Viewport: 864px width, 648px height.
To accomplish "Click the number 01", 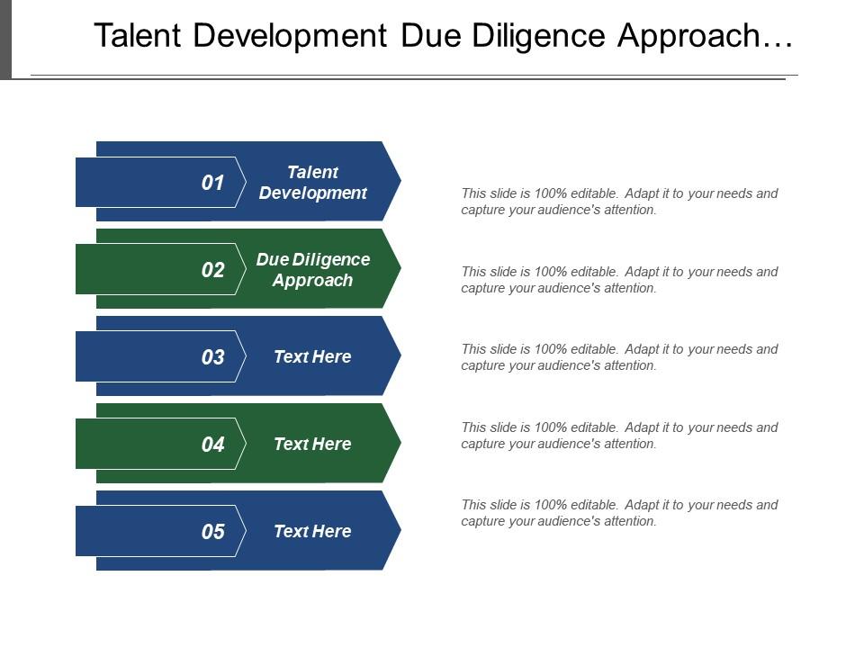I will tap(212, 183).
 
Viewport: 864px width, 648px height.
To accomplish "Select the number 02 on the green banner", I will tap(212, 270).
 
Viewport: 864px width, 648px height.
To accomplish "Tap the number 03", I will tap(212, 357).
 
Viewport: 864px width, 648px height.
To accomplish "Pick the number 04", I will tap(212, 445).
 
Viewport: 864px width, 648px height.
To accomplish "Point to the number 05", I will tap(212, 532).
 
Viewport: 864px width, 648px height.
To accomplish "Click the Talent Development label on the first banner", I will tap(312, 183).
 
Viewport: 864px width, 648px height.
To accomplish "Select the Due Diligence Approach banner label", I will tap(312, 270).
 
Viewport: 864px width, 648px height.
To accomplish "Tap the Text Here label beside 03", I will tap(312, 357).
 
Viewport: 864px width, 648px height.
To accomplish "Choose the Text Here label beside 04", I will tap(312, 445).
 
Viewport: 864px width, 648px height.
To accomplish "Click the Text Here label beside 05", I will tap(312, 532).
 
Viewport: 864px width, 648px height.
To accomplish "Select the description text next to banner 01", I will tap(619, 202).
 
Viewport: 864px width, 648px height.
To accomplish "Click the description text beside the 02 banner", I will tap(619, 280).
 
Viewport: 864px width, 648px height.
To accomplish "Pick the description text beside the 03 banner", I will tap(619, 357).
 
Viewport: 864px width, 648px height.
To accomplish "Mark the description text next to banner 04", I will tap(619, 436).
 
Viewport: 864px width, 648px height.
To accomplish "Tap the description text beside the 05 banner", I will tap(619, 513).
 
